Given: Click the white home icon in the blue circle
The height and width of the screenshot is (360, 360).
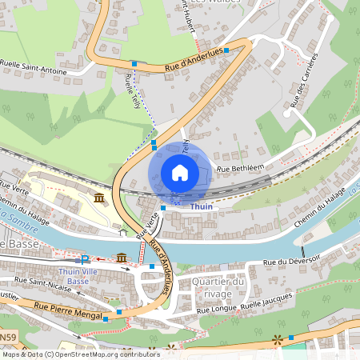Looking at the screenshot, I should (180, 173).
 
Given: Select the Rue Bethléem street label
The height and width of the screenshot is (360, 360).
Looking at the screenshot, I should (240, 168).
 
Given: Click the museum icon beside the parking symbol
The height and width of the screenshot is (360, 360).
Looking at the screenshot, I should (121, 257).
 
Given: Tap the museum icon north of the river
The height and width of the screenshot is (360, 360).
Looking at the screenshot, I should (98, 198).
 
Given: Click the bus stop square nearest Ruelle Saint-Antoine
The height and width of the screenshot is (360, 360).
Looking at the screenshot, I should (134, 63).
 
